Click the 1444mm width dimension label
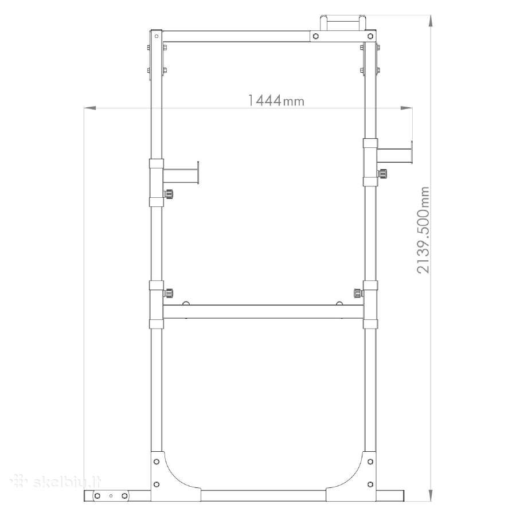tap(276, 100)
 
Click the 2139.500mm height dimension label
tap(423, 230)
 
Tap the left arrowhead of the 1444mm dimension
tap(90, 108)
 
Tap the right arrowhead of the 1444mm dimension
tap(406, 108)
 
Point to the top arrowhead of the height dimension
tap(431, 21)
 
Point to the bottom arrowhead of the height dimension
tap(431, 495)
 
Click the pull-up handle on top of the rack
tap(343, 22)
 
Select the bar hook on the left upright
tap(181, 173)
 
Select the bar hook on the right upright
tap(394, 153)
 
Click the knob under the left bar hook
tap(169, 194)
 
